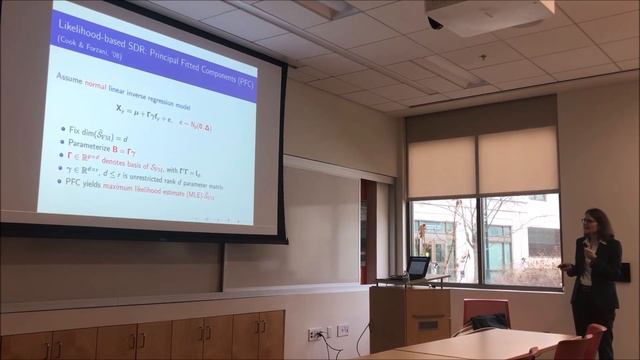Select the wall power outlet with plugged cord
315,334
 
